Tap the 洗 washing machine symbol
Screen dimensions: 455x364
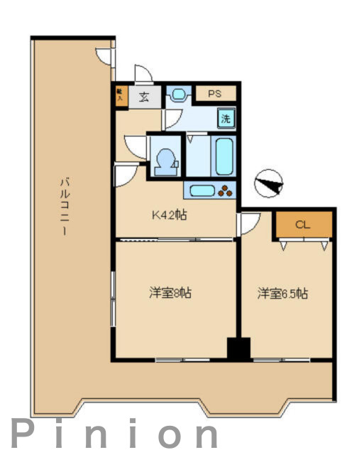click(x=226, y=119)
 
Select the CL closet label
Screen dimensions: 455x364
click(x=303, y=225)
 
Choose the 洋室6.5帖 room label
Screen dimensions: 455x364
click(x=282, y=292)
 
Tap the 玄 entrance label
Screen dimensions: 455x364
click(x=144, y=97)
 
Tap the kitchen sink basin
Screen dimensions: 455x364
click(x=202, y=190)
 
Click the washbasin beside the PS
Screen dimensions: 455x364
click(x=177, y=94)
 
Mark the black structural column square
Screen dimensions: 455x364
click(x=238, y=349)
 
